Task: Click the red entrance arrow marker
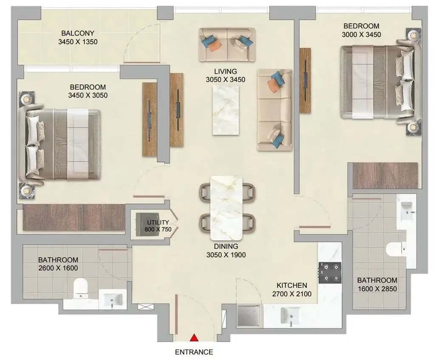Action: (x=194, y=337)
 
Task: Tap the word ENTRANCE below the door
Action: (x=194, y=352)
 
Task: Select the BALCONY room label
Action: (x=78, y=33)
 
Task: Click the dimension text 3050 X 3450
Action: (x=226, y=80)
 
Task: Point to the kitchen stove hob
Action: (x=330, y=273)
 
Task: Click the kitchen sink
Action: (x=291, y=315)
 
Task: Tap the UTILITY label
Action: (x=158, y=222)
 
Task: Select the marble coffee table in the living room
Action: (x=226, y=110)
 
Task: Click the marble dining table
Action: (x=226, y=208)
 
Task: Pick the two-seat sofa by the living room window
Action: (x=227, y=45)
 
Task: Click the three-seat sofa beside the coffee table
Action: (x=274, y=110)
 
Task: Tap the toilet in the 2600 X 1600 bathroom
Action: (x=80, y=288)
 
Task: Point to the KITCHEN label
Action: (x=292, y=285)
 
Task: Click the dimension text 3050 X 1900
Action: (x=226, y=255)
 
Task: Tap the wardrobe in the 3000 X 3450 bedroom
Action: (x=385, y=175)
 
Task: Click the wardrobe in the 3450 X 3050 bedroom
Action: (x=73, y=217)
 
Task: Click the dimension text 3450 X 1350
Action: (x=78, y=42)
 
